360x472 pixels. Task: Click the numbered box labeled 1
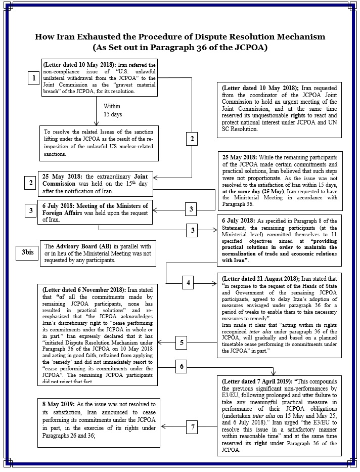33,78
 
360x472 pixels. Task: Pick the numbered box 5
183,343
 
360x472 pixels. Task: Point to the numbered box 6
182,365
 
